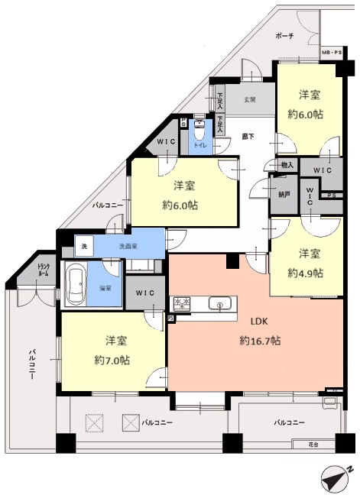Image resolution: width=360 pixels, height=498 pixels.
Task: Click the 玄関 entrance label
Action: click(x=249, y=100)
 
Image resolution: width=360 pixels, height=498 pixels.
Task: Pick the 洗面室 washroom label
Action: click(x=128, y=247)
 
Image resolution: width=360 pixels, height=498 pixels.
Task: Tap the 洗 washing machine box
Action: click(x=85, y=247)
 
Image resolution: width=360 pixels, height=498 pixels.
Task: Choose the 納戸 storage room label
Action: click(x=284, y=195)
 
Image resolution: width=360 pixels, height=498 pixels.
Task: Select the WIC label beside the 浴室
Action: click(x=145, y=293)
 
